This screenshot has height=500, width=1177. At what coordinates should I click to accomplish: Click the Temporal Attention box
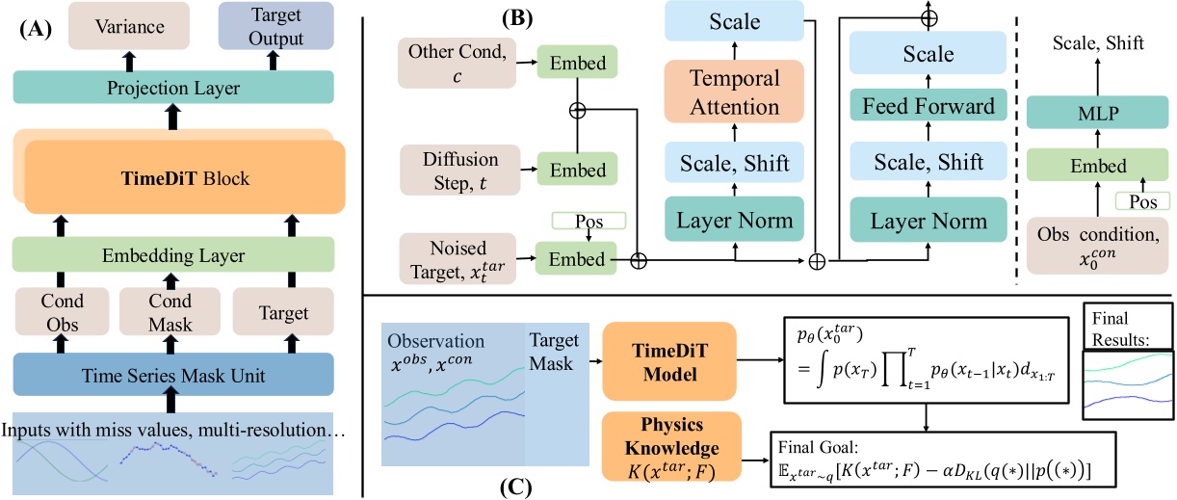[x=735, y=94]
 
